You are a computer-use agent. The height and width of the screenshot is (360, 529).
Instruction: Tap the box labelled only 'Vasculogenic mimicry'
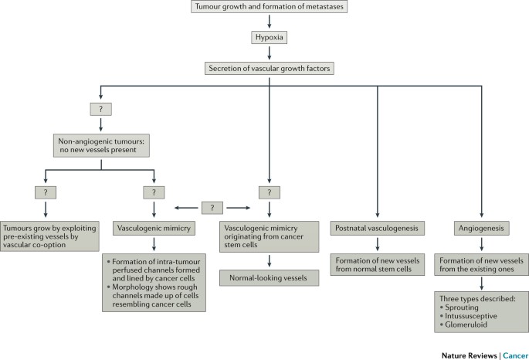(x=154, y=229)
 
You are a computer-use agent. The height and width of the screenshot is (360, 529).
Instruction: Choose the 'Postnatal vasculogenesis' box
(x=377, y=229)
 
